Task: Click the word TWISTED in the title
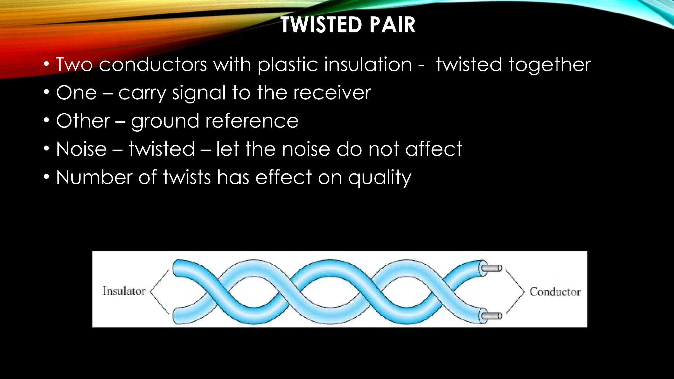pyautogui.click(x=321, y=25)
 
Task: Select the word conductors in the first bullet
pyautogui.click(x=153, y=64)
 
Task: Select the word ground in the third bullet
pyautogui.click(x=165, y=122)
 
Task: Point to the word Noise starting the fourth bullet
pyautogui.click(x=81, y=149)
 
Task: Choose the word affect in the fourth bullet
pyautogui.click(x=433, y=149)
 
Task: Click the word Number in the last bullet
pyautogui.click(x=94, y=178)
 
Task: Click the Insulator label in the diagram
pyautogui.click(x=124, y=291)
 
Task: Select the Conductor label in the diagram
pyautogui.click(x=555, y=292)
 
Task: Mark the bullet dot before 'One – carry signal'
pyautogui.click(x=47, y=92)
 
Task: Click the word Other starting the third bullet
pyautogui.click(x=83, y=121)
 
